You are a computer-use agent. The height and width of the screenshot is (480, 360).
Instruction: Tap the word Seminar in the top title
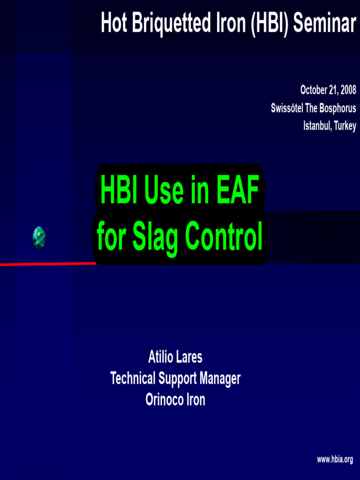pyautogui.click(x=324, y=23)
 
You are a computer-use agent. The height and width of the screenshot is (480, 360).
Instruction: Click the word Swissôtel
pyautogui.click(x=287, y=108)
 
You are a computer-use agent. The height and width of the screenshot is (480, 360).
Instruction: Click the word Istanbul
pyautogui.click(x=317, y=126)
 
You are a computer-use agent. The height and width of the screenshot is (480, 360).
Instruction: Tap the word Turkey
pyautogui.click(x=345, y=126)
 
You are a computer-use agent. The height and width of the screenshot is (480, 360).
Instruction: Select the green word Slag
pyautogui.click(x=157, y=237)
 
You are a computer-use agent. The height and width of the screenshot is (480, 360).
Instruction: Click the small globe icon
pyautogui.click(x=39, y=237)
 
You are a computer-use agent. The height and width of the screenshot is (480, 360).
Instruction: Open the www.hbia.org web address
pyautogui.click(x=335, y=459)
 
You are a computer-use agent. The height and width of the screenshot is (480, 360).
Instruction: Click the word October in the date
pyautogui.click(x=314, y=90)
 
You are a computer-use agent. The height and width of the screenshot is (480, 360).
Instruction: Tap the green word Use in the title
pyautogui.click(x=162, y=192)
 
